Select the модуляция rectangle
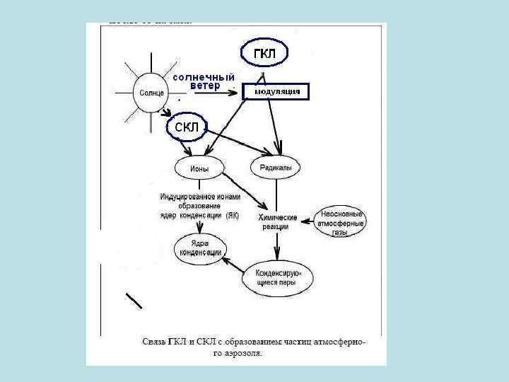276,91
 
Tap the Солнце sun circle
151,93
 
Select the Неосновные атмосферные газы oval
342,223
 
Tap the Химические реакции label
277,221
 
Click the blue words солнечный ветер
204,81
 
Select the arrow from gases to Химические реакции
306,222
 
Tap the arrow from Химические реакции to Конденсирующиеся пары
277,245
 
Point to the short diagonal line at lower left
134,300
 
